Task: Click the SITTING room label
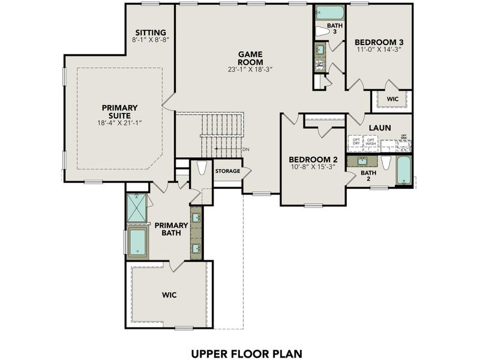point(150,32)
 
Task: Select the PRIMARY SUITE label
point(121,112)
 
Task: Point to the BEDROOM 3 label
point(377,42)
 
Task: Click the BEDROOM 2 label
point(313,159)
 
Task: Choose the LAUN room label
point(380,128)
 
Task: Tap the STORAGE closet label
point(227,171)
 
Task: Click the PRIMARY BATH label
point(172,229)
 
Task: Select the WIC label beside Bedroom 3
point(392,98)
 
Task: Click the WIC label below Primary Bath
point(169,296)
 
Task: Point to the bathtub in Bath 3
point(329,13)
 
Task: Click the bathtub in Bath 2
point(404,172)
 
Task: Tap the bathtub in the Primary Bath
point(138,242)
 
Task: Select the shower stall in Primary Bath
point(137,208)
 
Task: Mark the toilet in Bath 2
point(386,164)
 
